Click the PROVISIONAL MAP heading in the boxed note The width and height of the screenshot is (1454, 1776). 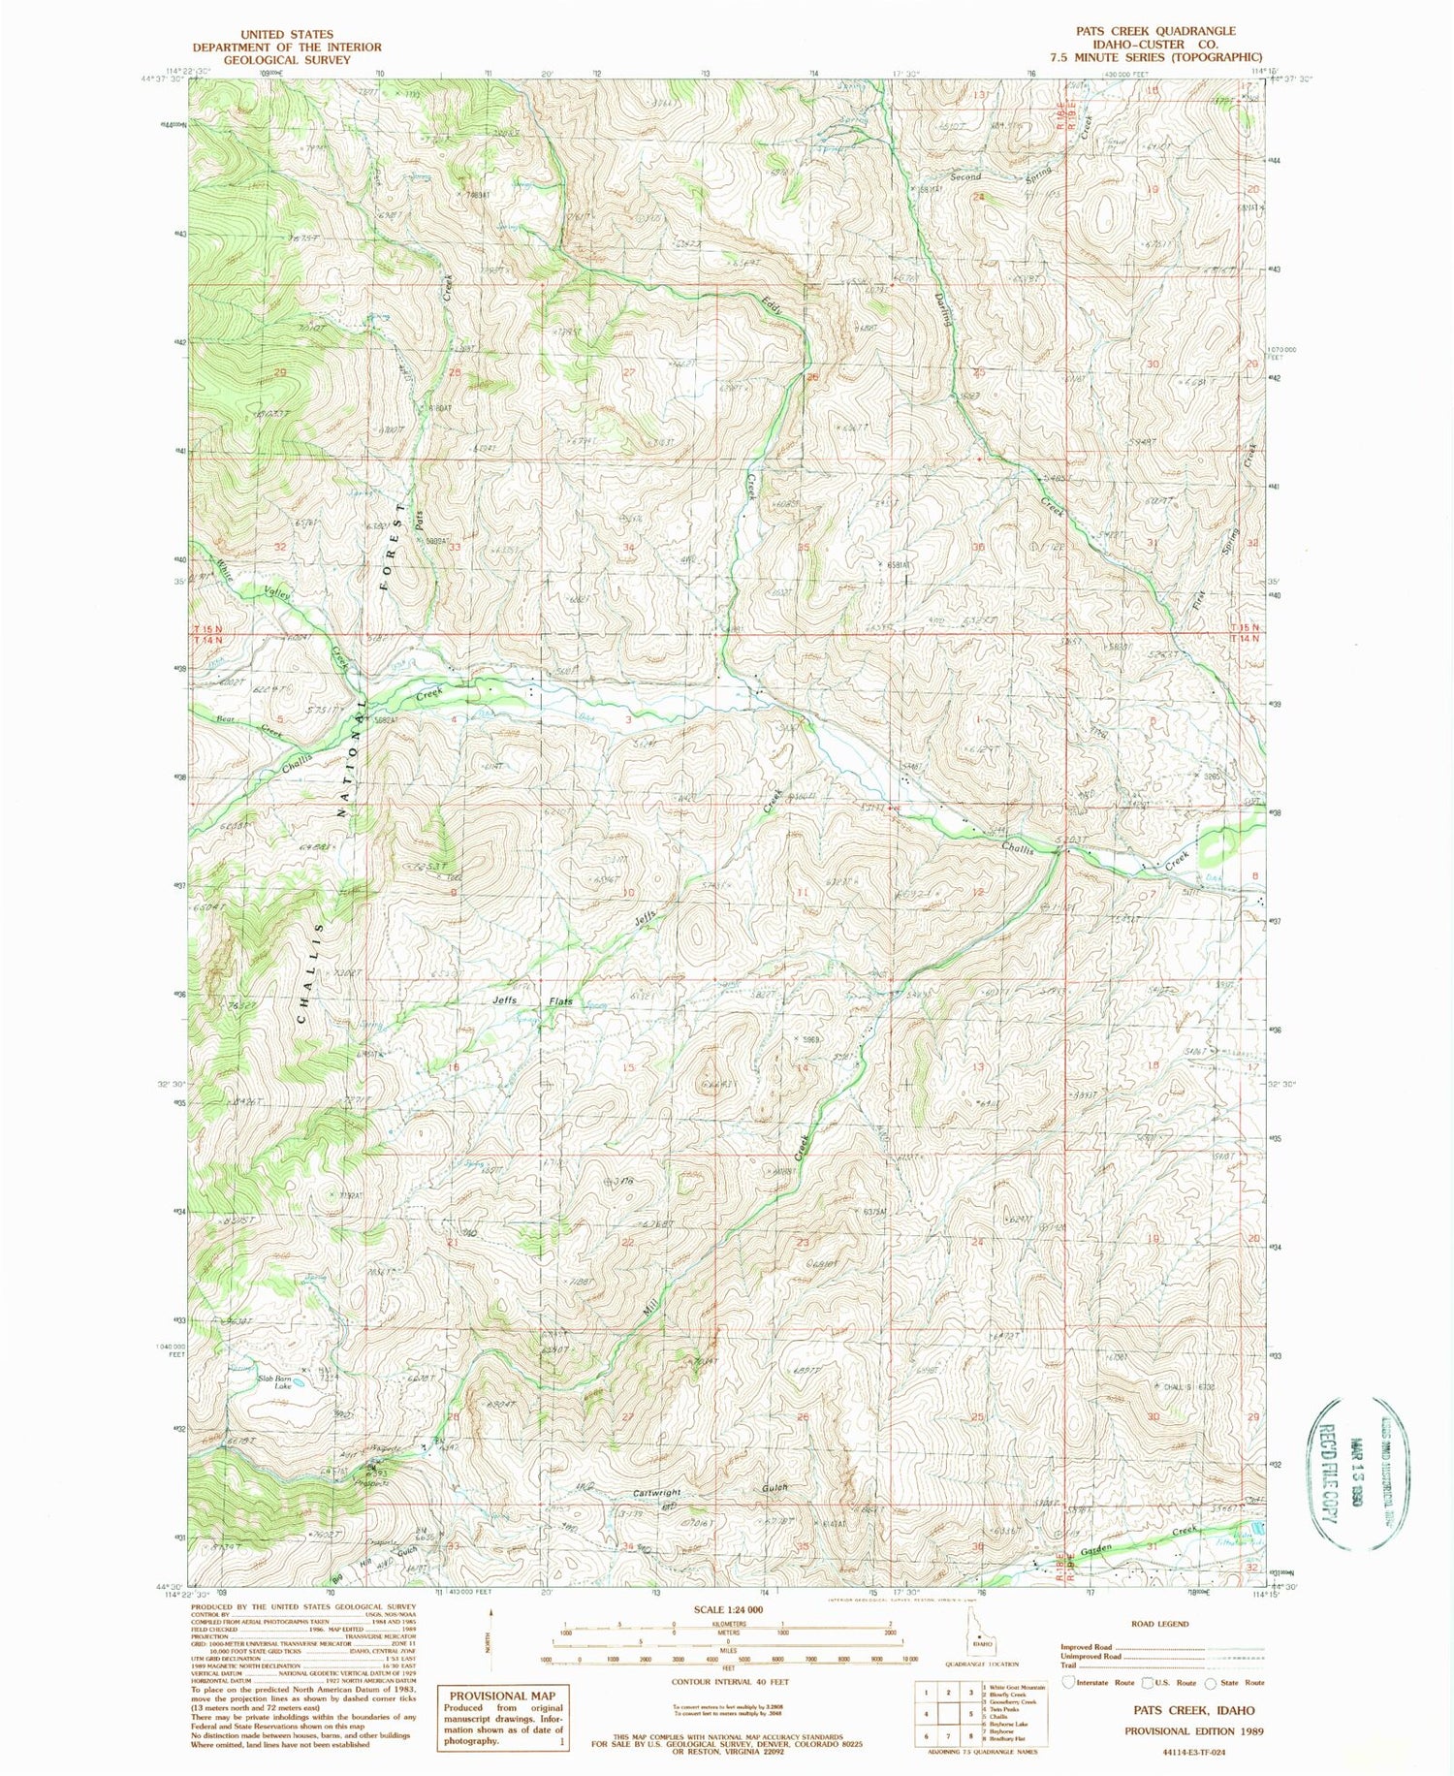point(501,1696)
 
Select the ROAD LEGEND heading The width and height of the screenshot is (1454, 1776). point(1159,1624)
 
